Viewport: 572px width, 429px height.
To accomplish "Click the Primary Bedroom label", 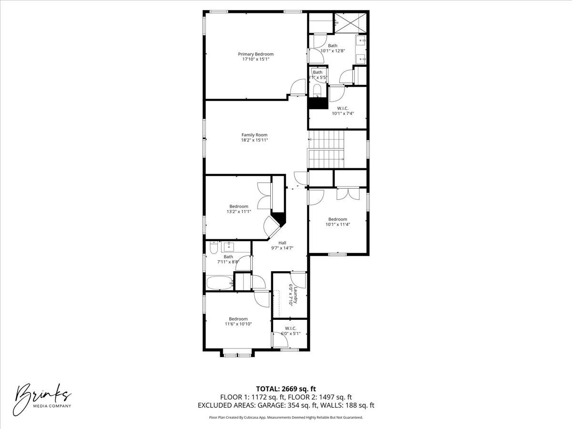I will click(x=256, y=54).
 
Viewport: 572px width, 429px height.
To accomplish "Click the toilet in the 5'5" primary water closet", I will click(x=317, y=90).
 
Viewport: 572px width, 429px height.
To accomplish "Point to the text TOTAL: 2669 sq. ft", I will click(x=286, y=388).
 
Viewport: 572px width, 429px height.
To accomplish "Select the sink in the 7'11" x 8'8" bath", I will click(x=229, y=246).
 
